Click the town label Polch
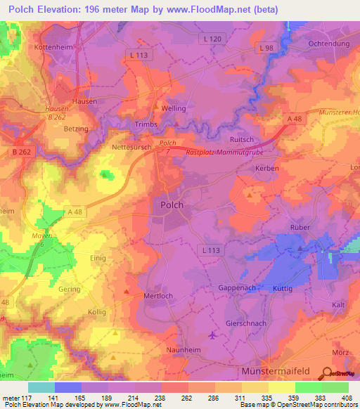click(x=169, y=205)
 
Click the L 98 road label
click(x=265, y=48)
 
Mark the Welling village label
click(x=173, y=109)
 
